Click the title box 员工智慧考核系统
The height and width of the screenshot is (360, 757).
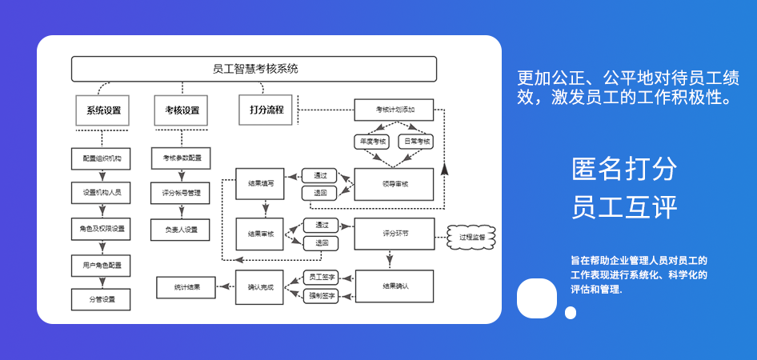255,69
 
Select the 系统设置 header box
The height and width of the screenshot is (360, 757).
102,110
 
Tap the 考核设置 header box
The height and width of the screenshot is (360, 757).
182,110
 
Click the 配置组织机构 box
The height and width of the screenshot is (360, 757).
102,158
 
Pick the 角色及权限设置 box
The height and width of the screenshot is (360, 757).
102,229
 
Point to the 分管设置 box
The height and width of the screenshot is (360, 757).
102,300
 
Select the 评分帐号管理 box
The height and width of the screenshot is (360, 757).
182,194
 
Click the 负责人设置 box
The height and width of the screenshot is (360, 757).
182,230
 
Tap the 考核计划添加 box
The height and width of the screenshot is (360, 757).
394,110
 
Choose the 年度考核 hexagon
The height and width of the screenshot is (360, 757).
372,141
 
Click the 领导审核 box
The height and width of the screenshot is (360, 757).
394,184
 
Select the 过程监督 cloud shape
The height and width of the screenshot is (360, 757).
471,238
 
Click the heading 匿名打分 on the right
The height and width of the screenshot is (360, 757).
624,169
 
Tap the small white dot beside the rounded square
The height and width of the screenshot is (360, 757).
571,313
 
